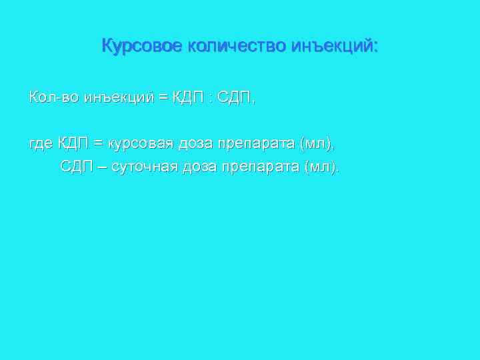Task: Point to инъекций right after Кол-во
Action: pos(118,98)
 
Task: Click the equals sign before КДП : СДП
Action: pos(163,98)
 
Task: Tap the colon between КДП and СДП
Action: pos(210,98)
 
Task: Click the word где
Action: pos(40,143)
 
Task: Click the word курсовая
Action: pos(139,143)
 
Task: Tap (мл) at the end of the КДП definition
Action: pos(317,143)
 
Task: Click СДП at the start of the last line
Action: pos(76,166)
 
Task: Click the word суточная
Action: pos(143,166)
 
